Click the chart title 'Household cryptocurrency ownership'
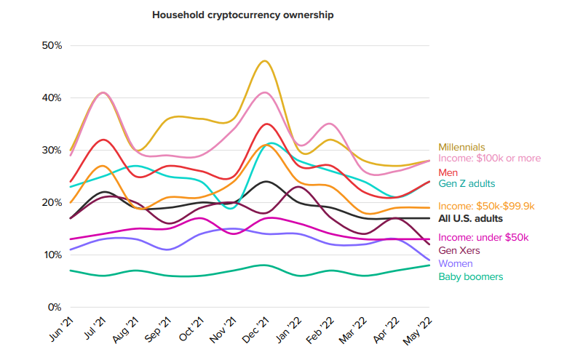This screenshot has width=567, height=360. click(242, 15)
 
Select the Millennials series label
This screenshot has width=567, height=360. click(461, 147)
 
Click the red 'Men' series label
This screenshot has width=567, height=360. click(448, 172)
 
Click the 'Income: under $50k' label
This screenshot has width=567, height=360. click(483, 238)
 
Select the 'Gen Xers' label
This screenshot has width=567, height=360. click(458, 250)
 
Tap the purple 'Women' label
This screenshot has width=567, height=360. click(455, 263)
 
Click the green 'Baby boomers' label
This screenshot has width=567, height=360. click(470, 276)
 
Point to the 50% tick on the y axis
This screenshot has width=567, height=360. click(52, 45)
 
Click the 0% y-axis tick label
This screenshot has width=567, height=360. click(55, 307)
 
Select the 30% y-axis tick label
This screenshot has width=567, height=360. click(52, 150)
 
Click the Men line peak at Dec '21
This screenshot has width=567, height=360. click(267, 124)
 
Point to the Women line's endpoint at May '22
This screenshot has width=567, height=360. click(429, 260)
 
